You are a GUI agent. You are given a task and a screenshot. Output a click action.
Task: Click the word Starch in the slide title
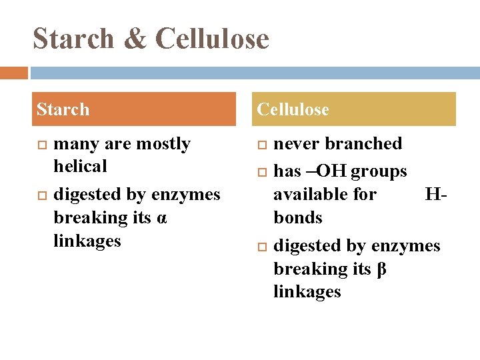[x=73, y=38]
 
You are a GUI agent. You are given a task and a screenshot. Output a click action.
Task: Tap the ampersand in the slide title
[x=135, y=38]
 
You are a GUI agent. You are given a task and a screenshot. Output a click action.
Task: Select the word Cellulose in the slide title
[x=212, y=38]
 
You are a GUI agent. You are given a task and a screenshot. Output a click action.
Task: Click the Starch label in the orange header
[x=63, y=109]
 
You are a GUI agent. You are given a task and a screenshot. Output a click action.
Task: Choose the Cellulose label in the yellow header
[x=293, y=109]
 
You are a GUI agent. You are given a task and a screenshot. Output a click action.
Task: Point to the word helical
[x=80, y=166]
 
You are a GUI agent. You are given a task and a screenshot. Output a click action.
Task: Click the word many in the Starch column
[x=77, y=144]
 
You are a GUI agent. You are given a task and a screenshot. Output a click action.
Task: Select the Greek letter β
[x=383, y=269]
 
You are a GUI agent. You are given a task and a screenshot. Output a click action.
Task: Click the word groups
[x=378, y=172]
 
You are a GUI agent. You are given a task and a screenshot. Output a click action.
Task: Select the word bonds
[x=298, y=218]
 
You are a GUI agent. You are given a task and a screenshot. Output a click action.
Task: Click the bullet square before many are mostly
[x=39, y=145]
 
